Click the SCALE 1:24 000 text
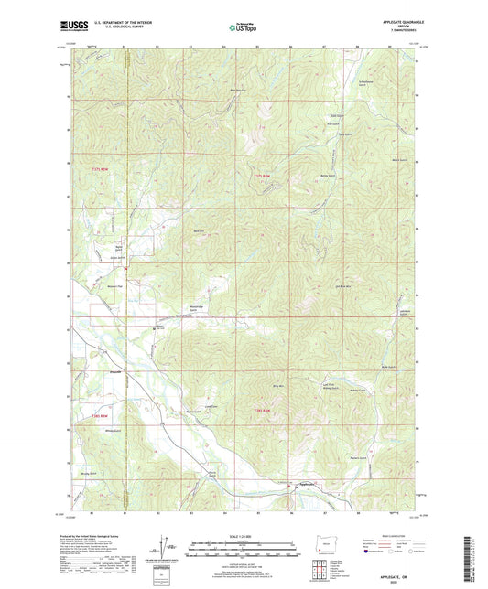(244, 535)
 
